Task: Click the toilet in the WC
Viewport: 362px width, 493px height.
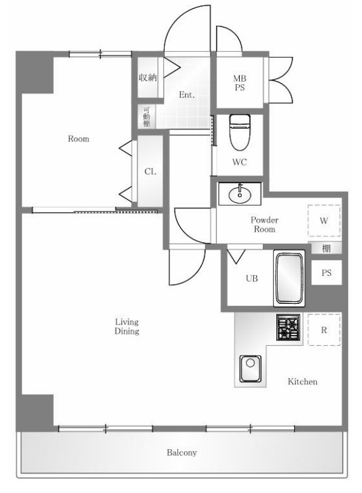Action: coord(240,132)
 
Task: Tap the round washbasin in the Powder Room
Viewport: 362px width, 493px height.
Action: coord(240,194)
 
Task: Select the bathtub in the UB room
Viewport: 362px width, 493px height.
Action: coord(289,278)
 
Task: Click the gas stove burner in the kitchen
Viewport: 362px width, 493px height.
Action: coord(288,327)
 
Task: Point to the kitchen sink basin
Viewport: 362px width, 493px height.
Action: coord(250,368)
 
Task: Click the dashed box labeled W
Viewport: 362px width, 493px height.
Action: coord(324,221)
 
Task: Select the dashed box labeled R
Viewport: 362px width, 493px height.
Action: coord(324,330)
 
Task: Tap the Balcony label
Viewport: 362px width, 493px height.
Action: coord(181,453)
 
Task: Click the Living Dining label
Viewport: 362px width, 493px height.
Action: coord(127,326)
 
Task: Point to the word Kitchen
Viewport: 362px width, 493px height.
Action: coord(302,382)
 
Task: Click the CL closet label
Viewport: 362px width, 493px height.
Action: coord(150,172)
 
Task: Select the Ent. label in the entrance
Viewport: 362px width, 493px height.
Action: coord(187,94)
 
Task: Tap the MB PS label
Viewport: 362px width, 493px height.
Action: coord(240,83)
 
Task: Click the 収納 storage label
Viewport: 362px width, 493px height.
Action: coord(147,78)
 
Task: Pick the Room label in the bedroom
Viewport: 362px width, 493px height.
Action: coord(78,139)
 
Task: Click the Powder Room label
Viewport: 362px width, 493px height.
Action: coord(264,224)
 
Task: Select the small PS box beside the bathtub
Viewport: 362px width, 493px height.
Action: coord(326,273)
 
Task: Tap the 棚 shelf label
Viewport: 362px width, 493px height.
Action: coord(326,248)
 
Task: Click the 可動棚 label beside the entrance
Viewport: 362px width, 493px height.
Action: coord(147,117)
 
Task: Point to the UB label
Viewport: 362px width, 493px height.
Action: coord(252,278)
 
